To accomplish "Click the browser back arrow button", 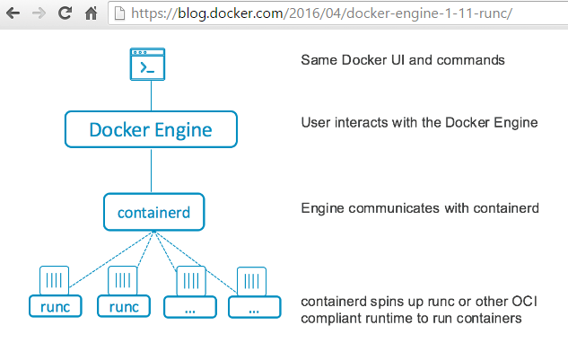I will click(x=13, y=13).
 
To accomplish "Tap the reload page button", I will click(x=65, y=13).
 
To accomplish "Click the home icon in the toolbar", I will click(x=91, y=13).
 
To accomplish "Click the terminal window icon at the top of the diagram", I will click(x=151, y=65).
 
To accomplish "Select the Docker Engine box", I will click(x=151, y=129).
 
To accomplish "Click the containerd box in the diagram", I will click(x=154, y=213).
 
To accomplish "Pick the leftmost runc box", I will click(x=55, y=306).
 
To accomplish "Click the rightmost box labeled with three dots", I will click(x=253, y=307).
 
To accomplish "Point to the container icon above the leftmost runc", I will click(x=55, y=279).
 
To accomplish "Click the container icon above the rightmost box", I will click(x=250, y=279).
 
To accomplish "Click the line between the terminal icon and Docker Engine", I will click(x=151, y=96).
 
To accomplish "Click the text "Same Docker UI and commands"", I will click(x=403, y=61).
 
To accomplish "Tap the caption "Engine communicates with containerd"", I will click(x=419, y=208).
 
